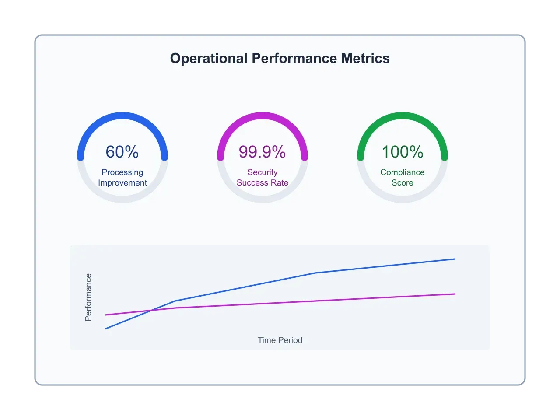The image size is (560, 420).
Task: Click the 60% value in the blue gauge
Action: tap(122, 152)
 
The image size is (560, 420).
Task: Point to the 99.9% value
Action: tap(262, 152)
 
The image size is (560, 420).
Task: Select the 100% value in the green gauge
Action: tap(402, 152)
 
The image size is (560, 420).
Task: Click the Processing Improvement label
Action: tap(122, 178)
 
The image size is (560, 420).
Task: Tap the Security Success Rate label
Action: tap(262, 178)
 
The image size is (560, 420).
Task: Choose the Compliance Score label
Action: tap(402, 178)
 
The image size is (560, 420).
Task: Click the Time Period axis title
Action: tap(280, 340)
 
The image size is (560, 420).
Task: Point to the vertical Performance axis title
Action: tap(88, 297)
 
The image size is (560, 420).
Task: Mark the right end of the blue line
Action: tap(455, 259)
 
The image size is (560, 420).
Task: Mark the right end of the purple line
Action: tap(455, 294)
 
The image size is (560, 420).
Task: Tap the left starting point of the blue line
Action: tap(105, 329)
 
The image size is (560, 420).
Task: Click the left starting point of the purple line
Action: tap(105, 315)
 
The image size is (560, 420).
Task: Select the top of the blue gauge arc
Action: tap(122, 115)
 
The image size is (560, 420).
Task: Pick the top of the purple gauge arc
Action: tap(262, 115)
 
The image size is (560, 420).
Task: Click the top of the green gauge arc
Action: tap(402, 115)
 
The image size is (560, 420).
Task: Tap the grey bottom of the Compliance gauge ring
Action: tap(402, 199)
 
